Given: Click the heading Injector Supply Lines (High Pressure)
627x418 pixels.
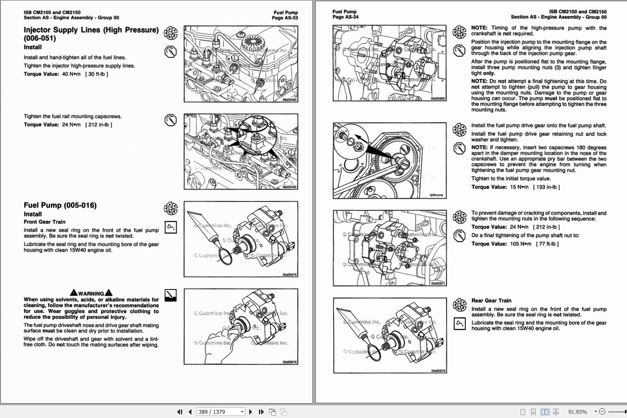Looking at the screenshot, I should pyautogui.click(x=91, y=30).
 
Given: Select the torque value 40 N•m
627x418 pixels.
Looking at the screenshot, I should pyautogui.click(x=71, y=74).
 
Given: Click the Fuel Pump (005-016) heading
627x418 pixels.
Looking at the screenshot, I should pyautogui.click(x=60, y=205).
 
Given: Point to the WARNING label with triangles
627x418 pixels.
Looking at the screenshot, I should pyautogui.click(x=91, y=293).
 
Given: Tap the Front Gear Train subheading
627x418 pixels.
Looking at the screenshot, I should pyautogui.click(x=45, y=222).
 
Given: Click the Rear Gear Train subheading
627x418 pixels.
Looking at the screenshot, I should pyautogui.click(x=491, y=300).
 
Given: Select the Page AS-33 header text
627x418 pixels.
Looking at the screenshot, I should pyautogui.click(x=285, y=18).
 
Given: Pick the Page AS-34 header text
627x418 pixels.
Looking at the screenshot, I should pyautogui.click(x=346, y=17).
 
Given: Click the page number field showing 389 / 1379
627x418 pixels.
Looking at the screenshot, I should pyautogui.click(x=221, y=412).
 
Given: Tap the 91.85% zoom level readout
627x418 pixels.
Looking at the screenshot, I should pyautogui.click(x=577, y=412).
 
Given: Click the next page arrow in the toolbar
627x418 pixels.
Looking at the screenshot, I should pyautogui.click(x=250, y=412).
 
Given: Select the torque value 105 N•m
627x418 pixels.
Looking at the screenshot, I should pyautogui.click(x=520, y=244).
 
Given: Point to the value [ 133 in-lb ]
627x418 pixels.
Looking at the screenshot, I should pyautogui.click(x=546, y=187).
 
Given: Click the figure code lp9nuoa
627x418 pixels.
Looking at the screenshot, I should pyautogui.click(x=436, y=195).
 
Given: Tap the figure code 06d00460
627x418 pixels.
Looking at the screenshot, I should pyautogui.click(x=290, y=100).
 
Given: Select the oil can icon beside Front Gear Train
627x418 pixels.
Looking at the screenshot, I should pyautogui.click(x=170, y=227).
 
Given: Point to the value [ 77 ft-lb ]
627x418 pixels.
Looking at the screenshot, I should pyautogui.click(x=547, y=244).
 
